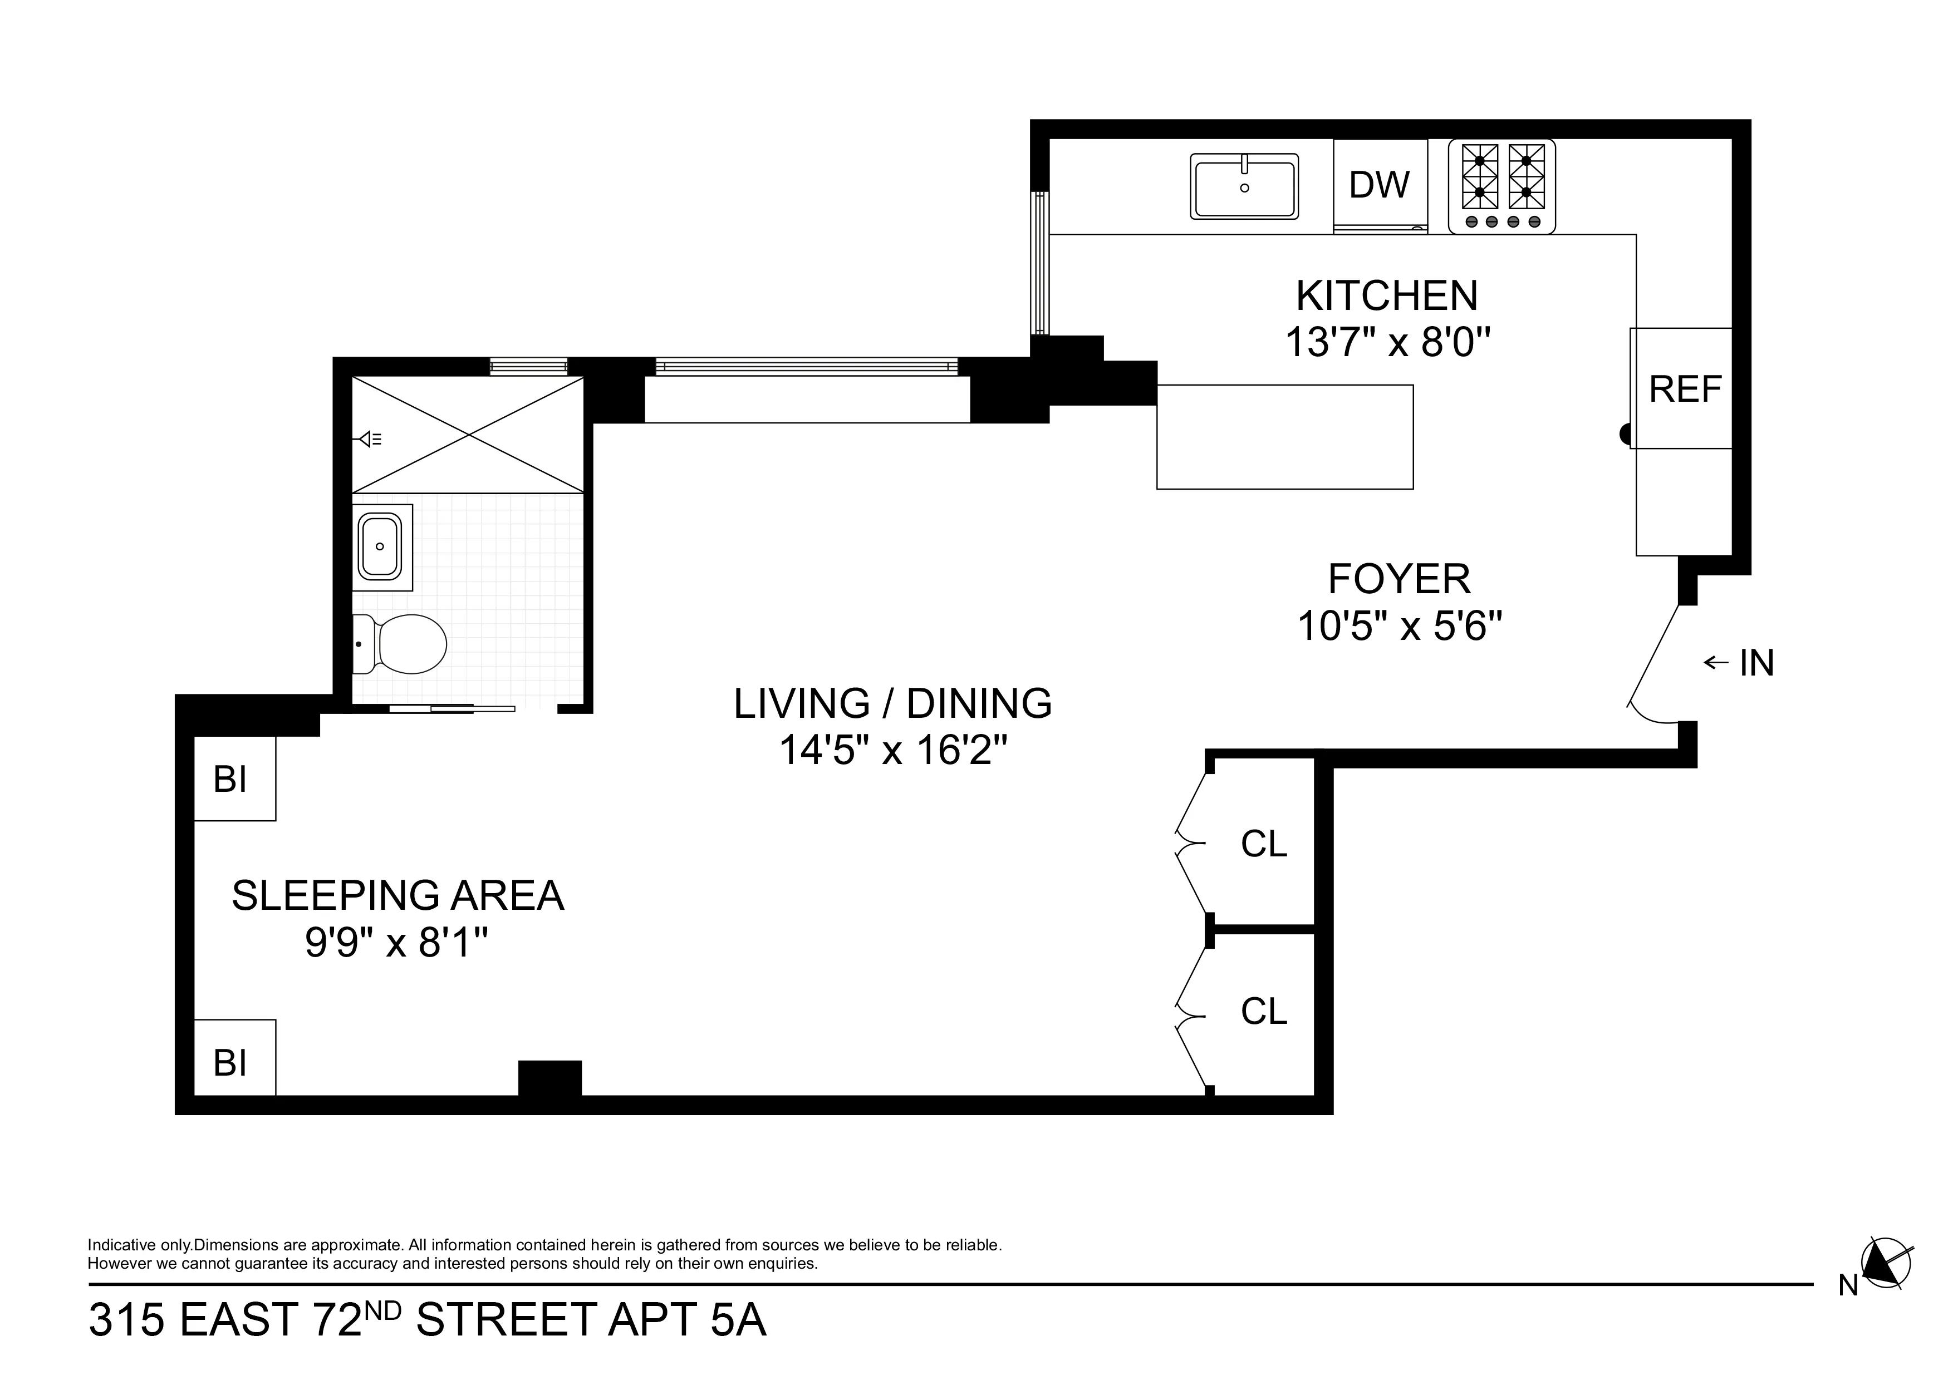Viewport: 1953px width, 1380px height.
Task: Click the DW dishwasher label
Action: coord(1379,185)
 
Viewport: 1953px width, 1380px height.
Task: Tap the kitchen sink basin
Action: coord(1244,187)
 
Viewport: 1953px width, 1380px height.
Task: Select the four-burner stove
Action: coord(1502,186)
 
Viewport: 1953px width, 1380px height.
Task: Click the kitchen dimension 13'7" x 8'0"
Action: coord(1387,343)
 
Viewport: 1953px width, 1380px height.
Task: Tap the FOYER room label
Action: coord(1399,579)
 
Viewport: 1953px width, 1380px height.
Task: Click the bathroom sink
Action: coord(381,547)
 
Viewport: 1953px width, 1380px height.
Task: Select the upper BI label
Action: coord(230,779)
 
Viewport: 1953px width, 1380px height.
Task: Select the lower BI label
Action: coord(230,1062)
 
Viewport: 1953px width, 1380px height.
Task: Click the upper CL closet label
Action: coord(1264,844)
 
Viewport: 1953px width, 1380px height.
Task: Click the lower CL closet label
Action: coord(1264,1011)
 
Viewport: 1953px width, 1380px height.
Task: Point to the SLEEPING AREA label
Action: coord(398,895)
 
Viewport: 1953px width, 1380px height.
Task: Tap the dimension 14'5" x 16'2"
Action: coord(892,751)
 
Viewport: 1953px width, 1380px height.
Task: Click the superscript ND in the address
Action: coord(384,1310)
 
